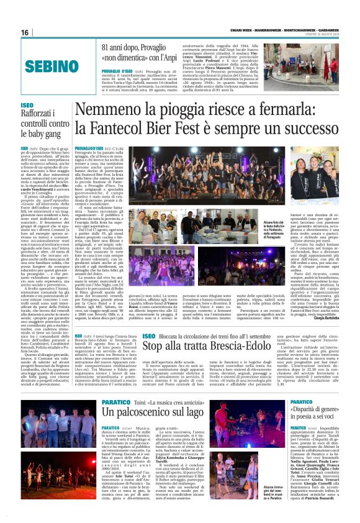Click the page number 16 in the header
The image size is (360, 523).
coord(25,32)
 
